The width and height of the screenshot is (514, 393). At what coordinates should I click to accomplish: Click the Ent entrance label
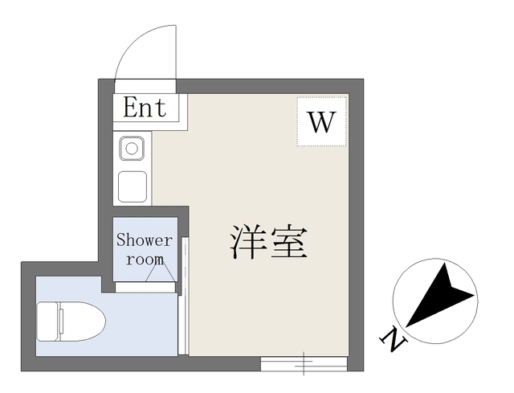click(145, 107)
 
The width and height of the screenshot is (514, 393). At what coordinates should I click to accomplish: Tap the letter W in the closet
click(321, 121)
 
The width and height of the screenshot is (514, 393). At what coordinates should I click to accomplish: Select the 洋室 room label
click(268, 242)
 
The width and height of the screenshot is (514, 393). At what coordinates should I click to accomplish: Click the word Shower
click(145, 239)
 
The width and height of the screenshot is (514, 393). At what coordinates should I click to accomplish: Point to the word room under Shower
click(145, 260)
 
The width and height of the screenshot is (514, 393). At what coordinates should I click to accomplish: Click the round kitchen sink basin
click(132, 149)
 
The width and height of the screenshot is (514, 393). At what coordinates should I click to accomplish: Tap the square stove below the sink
click(133, 186)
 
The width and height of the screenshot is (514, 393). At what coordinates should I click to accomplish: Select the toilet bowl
click(82, 321)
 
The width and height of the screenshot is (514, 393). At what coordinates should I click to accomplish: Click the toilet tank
click(47, 321)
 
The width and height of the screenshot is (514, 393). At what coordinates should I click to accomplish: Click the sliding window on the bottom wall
click(304, 364)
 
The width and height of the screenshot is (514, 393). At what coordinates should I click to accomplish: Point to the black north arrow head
click(441, 295)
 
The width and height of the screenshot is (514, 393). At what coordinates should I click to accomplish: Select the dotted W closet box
click(321, 121)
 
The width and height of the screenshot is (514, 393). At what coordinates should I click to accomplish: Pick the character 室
click(289, 242)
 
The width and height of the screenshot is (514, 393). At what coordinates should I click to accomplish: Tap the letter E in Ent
click(133, 107)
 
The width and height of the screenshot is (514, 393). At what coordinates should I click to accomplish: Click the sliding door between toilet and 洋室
click(184, 296)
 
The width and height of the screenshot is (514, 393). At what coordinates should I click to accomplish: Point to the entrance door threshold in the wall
click(145, 86)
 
